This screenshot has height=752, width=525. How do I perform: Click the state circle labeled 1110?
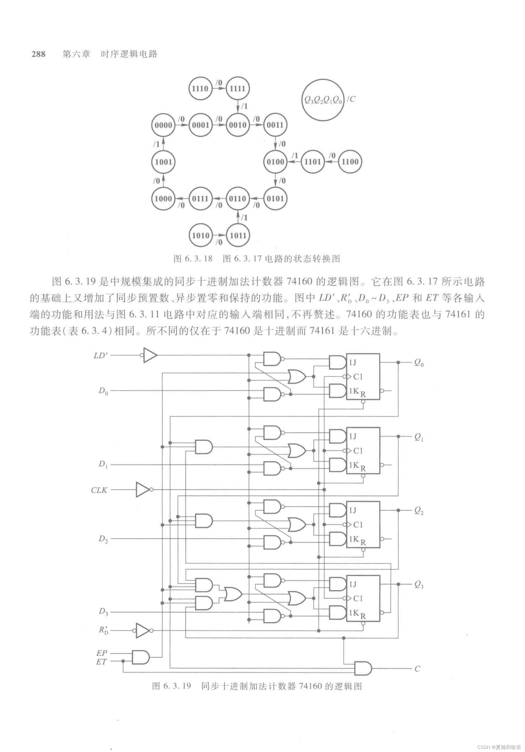click(200, 88)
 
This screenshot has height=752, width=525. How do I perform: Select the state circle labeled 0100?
click(275, 161)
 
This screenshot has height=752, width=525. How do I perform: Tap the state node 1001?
click(163, 161)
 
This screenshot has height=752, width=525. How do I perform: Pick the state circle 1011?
click(238, 235)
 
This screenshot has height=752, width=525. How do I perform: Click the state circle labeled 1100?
click(350, 161)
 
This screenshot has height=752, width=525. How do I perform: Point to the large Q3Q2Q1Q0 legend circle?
click(323, 100)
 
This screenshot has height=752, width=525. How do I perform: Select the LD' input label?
click(100, 355)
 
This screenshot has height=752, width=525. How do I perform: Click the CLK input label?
click(99, 490)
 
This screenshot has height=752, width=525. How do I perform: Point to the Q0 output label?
click(419, 363)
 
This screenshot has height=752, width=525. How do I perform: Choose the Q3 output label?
click(419, 585)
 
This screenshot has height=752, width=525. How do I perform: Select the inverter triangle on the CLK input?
click(143, 490)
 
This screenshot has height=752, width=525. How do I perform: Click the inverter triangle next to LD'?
click(150, 355)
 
